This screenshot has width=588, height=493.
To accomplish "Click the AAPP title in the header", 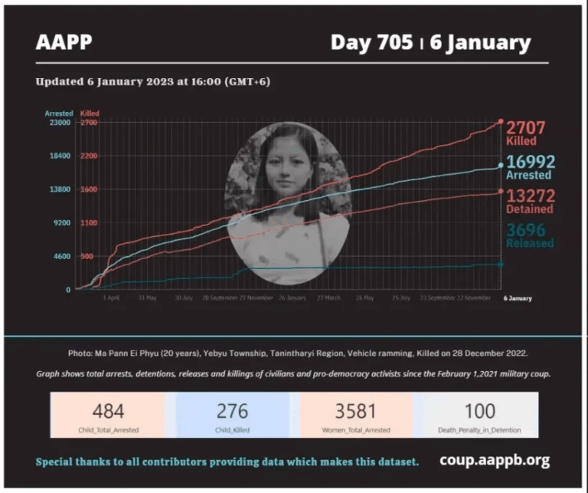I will [x=64, y=42].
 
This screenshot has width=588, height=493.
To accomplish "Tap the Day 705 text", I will [x=371, y=42].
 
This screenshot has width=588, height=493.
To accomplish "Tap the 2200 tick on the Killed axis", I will [x=89, y=156].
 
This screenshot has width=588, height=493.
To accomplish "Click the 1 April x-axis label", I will [x=112, y=297].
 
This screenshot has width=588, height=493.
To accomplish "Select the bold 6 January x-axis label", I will [x=517, y=297].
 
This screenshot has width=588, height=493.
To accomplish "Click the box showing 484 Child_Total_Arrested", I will [x=108, y=415].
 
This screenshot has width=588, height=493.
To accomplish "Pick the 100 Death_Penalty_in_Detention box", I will [x=480, y=415].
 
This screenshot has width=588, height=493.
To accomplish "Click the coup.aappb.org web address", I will [x=495, y=461].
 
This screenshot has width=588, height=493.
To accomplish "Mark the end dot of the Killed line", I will [x=501, y=121].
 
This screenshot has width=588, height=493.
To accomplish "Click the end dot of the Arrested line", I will [x=501, y=165].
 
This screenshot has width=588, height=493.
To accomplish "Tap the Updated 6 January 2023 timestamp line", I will [x=152, y=81].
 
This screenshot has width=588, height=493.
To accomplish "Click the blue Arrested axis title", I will [x=58, y=113].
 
